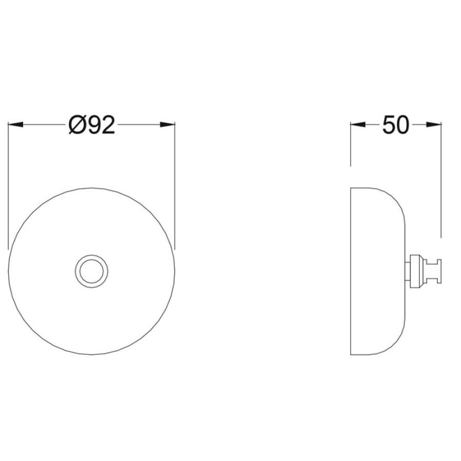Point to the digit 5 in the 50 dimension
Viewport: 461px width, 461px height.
coord(388,125)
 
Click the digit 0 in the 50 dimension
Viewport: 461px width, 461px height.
coord(402,125)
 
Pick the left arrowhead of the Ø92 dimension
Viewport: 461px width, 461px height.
coord(15,124)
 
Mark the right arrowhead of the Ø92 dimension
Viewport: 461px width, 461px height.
coord(167,124)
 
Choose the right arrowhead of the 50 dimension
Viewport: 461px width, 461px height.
coord(434,124)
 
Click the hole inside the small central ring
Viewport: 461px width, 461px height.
coord(92,271)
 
